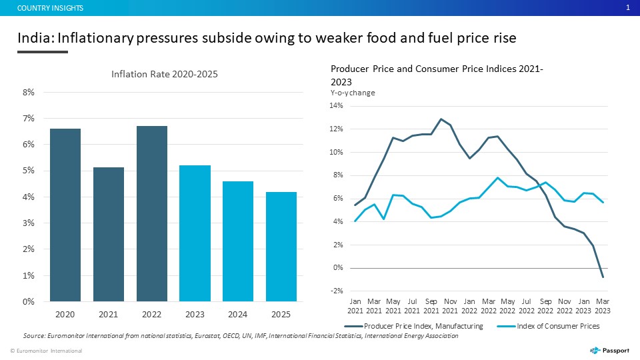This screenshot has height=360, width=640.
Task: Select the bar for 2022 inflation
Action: [152, 214]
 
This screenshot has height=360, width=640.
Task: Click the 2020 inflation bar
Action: [65, 215]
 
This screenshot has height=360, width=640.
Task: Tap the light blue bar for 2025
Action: [281, 247]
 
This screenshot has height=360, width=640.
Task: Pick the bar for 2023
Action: [195, 233]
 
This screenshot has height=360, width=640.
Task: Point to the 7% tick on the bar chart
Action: [29, 119]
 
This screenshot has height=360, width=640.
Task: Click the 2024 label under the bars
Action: [237, 314]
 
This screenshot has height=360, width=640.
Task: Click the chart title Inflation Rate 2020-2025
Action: [165, 74]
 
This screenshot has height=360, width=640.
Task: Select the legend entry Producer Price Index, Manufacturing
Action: [413, 326]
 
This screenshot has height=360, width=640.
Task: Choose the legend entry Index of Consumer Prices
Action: [548, 326]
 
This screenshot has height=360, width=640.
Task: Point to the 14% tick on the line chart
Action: [336, 106]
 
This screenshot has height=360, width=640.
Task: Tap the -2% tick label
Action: [337, 291]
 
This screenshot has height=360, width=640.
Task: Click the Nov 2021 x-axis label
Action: [450, 306]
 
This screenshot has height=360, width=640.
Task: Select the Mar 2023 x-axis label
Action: [603, 306]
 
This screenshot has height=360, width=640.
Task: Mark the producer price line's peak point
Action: [441, 119]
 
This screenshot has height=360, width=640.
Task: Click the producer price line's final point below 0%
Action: [603, 277]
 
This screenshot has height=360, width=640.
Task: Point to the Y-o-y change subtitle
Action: [353, 93]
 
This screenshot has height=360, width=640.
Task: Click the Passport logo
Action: [610, 351]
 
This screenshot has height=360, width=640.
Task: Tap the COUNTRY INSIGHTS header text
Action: [50, 8]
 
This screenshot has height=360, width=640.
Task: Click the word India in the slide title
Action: [35, 38]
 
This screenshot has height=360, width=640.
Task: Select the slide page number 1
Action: [628, 8]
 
